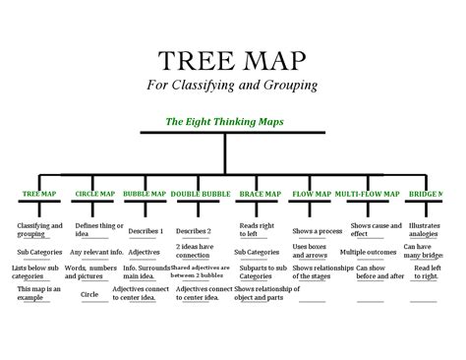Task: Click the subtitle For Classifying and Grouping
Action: [233, 85]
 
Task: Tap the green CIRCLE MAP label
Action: [96, 194]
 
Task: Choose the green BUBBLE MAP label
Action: [145, 194]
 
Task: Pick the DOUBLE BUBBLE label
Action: [201, 194]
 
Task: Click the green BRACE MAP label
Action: [260, 194]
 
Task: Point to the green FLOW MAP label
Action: [312, 194]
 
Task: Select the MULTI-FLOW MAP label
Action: [367, 194]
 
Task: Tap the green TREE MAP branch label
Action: [39, 194]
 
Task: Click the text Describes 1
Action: [147, 230]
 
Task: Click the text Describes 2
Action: [194, 230]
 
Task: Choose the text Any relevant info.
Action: [96, 252]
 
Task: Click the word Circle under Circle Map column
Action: [89, 293]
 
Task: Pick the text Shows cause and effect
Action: [377, 229]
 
